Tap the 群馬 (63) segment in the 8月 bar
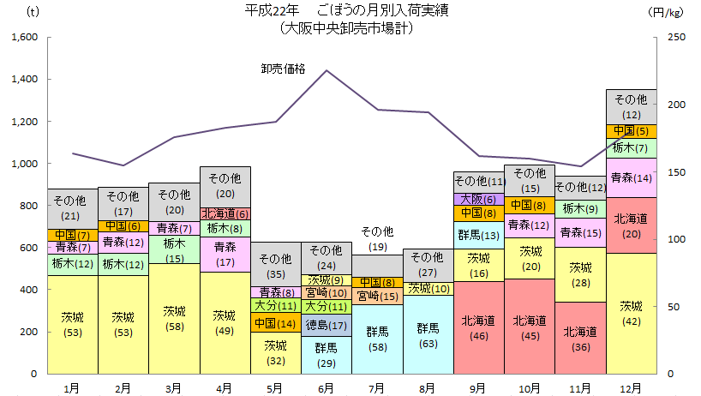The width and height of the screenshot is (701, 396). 428,334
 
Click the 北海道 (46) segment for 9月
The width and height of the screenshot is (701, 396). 478,327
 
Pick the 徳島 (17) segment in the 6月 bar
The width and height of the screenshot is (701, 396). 326,325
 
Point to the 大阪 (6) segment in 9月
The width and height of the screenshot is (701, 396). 478,199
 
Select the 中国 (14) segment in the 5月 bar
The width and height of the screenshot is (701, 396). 275,324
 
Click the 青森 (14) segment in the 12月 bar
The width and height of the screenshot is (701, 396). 631,177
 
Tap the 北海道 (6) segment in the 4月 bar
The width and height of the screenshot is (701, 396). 225,213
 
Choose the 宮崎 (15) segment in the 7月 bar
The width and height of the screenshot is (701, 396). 377,297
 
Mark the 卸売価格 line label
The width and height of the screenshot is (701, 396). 283,69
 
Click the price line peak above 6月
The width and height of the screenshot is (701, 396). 327,70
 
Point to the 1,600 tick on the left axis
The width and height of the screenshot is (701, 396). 24,38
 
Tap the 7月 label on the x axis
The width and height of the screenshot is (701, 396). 377,387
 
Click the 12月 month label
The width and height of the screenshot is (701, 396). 631,387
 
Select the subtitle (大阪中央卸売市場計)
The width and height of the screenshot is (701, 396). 346,27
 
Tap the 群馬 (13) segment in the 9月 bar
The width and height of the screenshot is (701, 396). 478,234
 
